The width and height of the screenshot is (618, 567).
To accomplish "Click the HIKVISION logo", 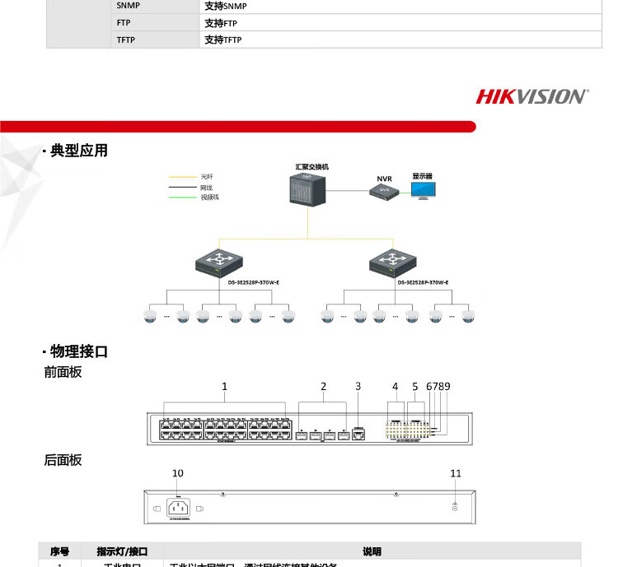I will (x=532, y=96).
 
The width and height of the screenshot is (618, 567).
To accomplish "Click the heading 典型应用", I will (x=79, y=151).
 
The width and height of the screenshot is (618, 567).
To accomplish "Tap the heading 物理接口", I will (x=79, y=352).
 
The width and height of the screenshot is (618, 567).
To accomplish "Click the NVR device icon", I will (x=384, y=191).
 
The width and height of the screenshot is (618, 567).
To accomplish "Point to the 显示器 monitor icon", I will (x=425, y=190).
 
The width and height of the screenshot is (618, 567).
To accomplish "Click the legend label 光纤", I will (x=206, y=177).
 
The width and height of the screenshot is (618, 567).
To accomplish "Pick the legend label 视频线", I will (x=210, y=198).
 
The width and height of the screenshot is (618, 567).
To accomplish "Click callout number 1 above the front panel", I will (x=224, y=386).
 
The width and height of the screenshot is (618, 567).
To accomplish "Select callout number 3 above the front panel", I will (x=358, y=386).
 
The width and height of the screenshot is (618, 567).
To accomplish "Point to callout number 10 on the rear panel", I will (x=178, y=473).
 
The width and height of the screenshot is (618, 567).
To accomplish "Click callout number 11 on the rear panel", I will (x=456, y=473).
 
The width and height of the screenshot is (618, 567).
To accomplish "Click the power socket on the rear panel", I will (x=178, y=507).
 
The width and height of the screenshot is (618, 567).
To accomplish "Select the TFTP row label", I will (x=126, y=40).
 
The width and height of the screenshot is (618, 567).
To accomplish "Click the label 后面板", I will (x=63, y=461).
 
